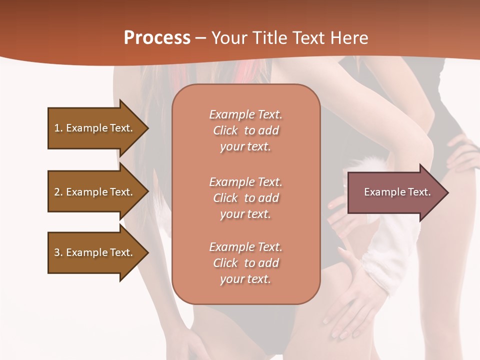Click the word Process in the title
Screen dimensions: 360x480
pyautogui.click(x=157, y=37)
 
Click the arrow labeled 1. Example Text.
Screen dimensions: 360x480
pyautogui.click(x=95, y=128)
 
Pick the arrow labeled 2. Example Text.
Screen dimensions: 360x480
pyautogui.click(x=95, y=192)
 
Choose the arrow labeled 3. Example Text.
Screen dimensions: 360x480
pyautogui.click(x=95, y=252)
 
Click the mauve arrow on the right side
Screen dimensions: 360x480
pyautogui.click(x=395, y=192)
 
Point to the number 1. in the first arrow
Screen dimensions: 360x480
pyautogui.click(x=58, y=128)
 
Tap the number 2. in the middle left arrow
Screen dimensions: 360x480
pyautogui.click(x=58, y=192)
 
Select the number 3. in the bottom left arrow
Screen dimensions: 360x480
pyautogui.click(x=58, y=252)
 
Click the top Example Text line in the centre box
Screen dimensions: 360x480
pyautogui.click(x=245, y=114)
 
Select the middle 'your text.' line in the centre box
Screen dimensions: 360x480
pyautogui.click(x=245, y=214)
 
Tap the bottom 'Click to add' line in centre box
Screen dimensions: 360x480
pyautogui.click(x=245, y=263)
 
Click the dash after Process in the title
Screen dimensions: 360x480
pyautogui.click(x=201, y=38)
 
